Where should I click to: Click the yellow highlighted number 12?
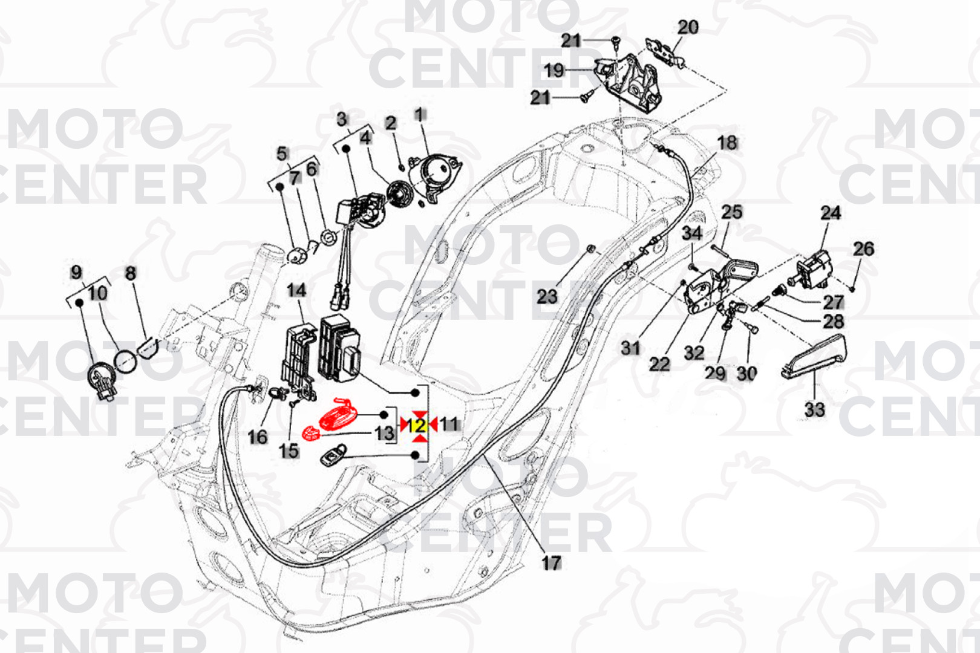coord(419,425)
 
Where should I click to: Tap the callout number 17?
coord(550,563)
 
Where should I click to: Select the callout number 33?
coord(814,409)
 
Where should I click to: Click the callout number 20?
coord(688,27)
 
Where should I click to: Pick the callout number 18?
coord(727,143)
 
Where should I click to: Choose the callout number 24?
coord(830,213)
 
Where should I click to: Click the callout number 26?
coord(863,249)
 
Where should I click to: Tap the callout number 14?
coord(296,291)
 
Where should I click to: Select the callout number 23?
coord(547,296)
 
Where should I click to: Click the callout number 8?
coord(131,273)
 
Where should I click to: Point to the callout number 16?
coord(258,437)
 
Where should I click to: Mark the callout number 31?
coord(630,348)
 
